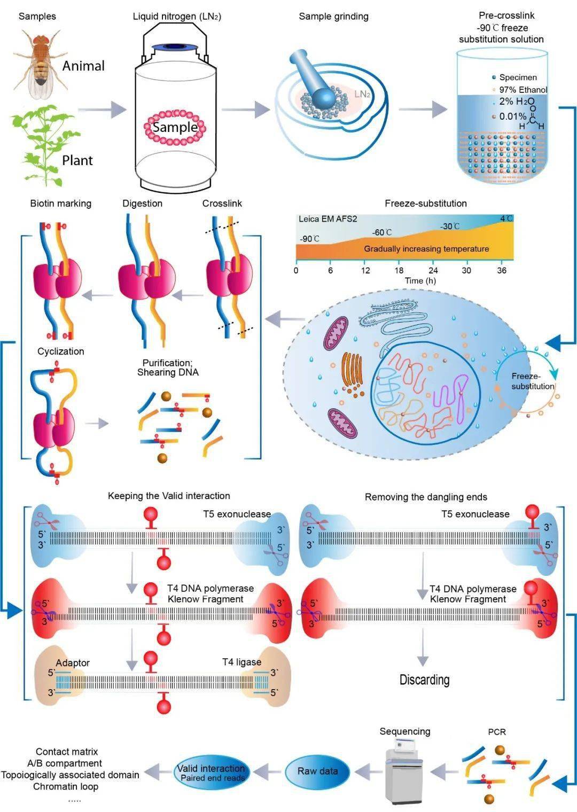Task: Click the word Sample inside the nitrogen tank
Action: click(x=175, y=127)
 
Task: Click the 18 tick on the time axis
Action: click(x=399, y=270)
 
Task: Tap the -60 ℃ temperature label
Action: click(x=381, y=232)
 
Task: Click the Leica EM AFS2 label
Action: click(x=328, y=219)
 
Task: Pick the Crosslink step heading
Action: click(x=222, y=204)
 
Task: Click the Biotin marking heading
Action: click(x=60, y=204)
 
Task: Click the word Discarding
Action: click(x=424, y=680)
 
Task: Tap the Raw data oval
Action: click(x=317, y=771)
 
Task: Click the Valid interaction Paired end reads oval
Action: click(x=212, y=772)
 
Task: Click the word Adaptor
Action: click(x=73, y=663)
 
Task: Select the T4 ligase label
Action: click(x=241, y=662)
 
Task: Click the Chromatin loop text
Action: click(x=66, y=786)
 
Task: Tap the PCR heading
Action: click(x=496, y=732)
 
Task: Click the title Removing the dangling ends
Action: click(x=426, y=497)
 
